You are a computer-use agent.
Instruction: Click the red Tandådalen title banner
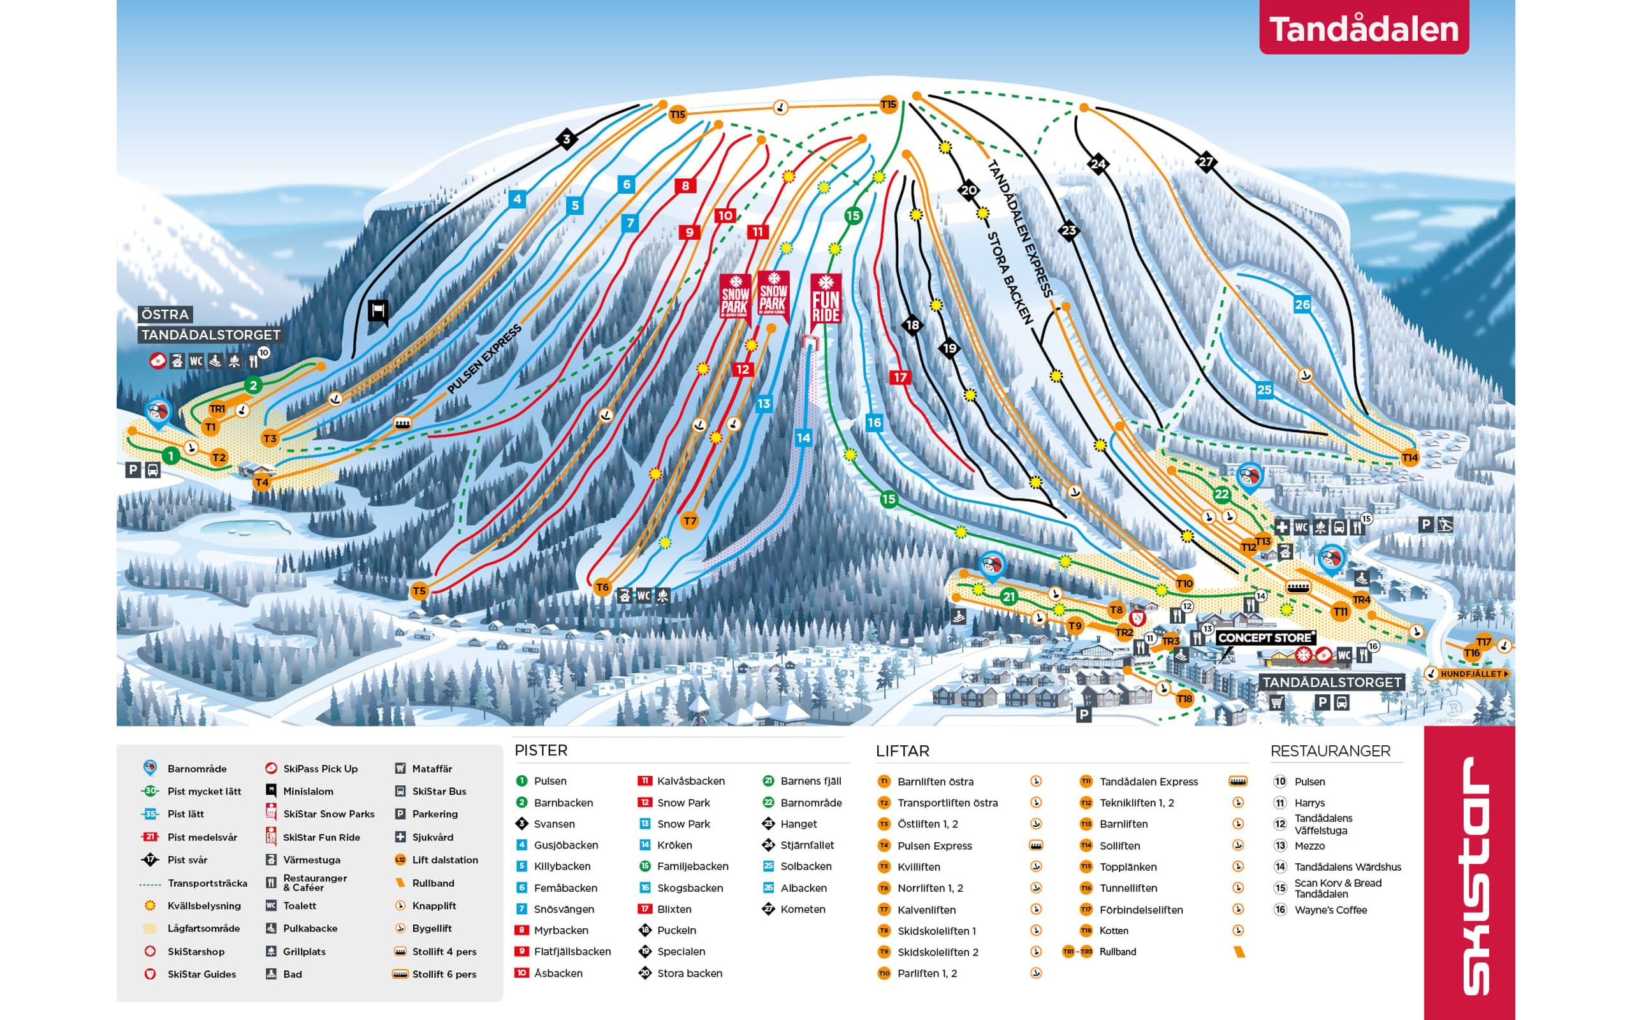pyautogui.click(x=1363, y=28)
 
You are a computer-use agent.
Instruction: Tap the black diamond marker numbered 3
pyautogui.click(x=567, y=140)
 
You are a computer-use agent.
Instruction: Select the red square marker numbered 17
pyautogui.click(x=899, y=377)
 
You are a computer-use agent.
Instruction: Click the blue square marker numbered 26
pyautogui.click(x=1302, y=304)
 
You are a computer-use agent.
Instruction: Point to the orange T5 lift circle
pyautogui.click(x=419, y=591)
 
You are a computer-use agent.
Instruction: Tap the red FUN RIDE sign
pyautogui.click(x=826, y=301)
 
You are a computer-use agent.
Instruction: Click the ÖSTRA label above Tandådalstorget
pyautogui.click(x=165, y=314)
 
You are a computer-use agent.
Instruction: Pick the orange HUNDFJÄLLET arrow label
pyautogui.click(x=1470, y=674)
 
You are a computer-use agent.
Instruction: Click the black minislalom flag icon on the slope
pyautogui.click(x=378, y=312)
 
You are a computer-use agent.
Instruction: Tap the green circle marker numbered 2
pyautogui.click(x=253, y=385)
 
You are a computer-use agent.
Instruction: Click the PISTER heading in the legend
pyautogui.click(x=541, y=750)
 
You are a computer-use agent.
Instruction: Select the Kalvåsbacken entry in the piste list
pyautogui.click(x=690, y=780)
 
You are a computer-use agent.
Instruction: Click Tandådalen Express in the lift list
pyautogui.click(x=1149, y=781)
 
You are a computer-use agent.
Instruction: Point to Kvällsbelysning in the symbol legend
pyautogui.click(x=203, y=905)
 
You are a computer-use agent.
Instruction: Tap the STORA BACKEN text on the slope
pyautogui.click(x=1010, y=277)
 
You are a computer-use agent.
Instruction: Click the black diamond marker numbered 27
pyautogui.click(x=1205, y=162)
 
